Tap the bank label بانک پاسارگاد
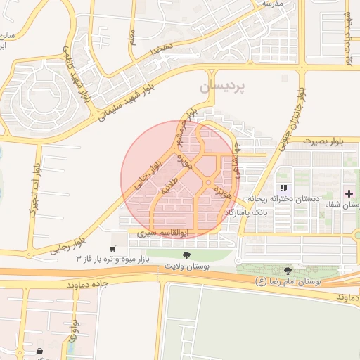tap(247, 212)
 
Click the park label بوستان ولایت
tap(185, 267)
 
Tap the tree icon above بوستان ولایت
tap(186, 255)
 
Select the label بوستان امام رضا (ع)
tap(289, 281)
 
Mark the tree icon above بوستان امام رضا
tap(288, 271)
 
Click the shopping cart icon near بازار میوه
tap(112, 250)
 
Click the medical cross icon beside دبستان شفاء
tap(349, 193)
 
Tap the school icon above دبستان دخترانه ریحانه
tap(284, 188)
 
